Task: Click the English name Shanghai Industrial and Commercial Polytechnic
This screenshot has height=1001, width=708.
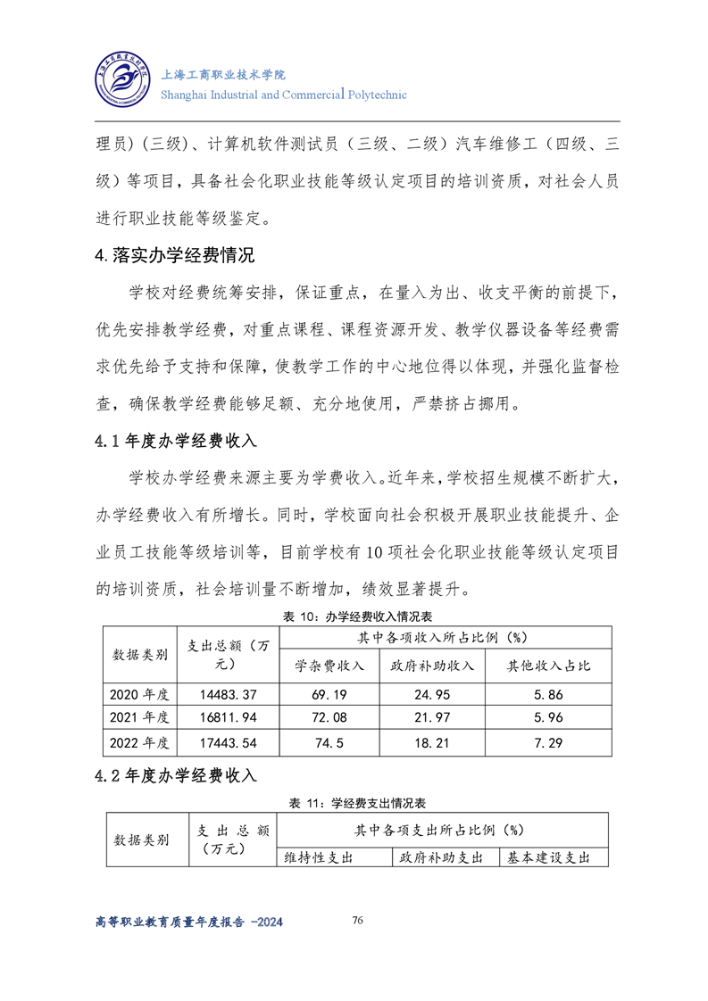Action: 282,95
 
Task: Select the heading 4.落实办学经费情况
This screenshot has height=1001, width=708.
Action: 175,256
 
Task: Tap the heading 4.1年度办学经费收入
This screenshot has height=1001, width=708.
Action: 176,441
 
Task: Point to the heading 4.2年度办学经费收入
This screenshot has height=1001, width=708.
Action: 176,775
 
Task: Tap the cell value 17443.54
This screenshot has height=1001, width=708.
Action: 229,742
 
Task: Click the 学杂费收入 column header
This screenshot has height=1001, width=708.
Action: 330,666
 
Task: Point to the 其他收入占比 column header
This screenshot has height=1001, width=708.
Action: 548,666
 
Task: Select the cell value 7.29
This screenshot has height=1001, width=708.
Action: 548,742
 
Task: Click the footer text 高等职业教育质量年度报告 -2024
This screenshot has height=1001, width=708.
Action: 188,922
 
